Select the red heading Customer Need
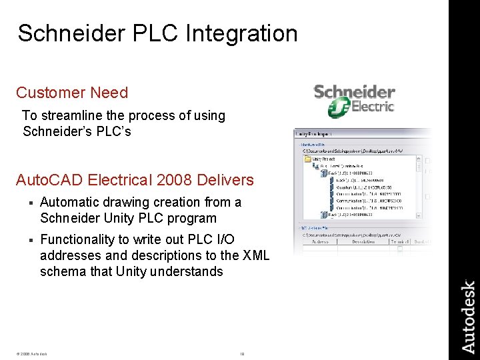click(x=72, y=93)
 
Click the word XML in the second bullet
click(x=257, y=255)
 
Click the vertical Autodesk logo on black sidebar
click(x=469, y=316)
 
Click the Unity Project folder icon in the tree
click(x=308, y=159)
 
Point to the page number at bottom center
click(x=242, y=353)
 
